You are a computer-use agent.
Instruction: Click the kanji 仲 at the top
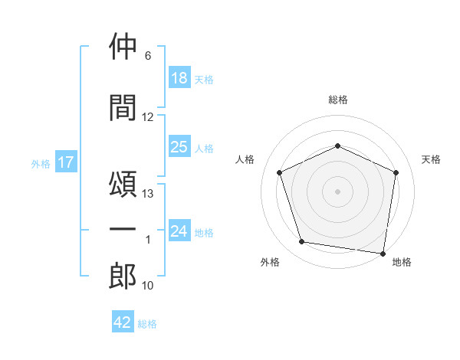123,46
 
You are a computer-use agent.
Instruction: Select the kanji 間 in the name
123,107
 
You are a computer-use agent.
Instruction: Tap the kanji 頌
123,184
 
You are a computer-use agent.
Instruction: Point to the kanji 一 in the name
123,229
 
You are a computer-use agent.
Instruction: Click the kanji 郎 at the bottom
123,276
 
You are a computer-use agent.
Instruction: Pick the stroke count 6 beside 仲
148,56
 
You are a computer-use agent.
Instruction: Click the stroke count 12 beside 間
147,117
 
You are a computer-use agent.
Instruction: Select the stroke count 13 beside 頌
147,194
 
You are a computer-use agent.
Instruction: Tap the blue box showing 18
179,77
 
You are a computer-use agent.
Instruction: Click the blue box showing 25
179,146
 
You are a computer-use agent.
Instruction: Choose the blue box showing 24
179,230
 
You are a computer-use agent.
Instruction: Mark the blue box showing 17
66,162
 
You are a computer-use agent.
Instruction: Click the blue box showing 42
123,321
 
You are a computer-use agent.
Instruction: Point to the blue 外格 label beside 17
41,164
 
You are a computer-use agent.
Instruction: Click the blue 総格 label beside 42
147,324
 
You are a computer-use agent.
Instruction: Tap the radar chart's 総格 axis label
338,100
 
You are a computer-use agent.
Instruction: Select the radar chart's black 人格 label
245,159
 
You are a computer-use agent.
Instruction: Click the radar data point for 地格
383,254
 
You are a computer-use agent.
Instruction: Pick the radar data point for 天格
396,172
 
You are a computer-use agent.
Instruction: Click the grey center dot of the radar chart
337,191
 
